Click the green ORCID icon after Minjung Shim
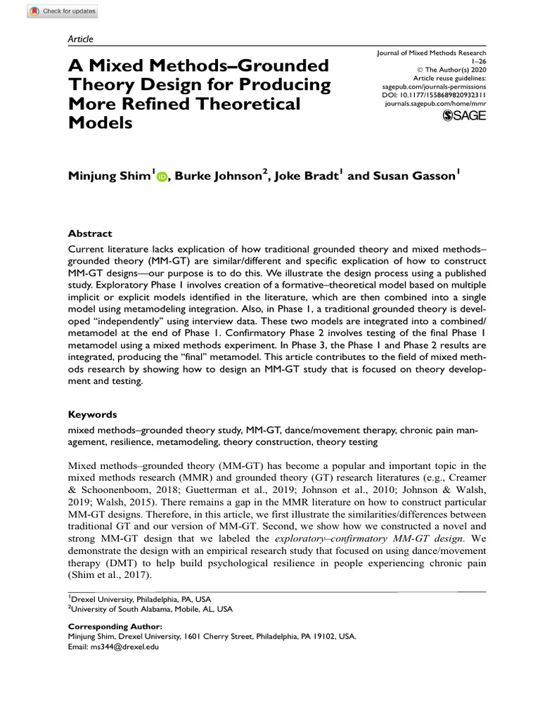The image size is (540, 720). pos(162,177)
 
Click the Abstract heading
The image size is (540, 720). pos(89,233)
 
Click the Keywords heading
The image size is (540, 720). pos(92,415)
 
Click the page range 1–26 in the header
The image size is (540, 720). pos(478,61)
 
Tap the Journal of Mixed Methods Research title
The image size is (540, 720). pos(431,53)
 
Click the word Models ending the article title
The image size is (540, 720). pos(101,122)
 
